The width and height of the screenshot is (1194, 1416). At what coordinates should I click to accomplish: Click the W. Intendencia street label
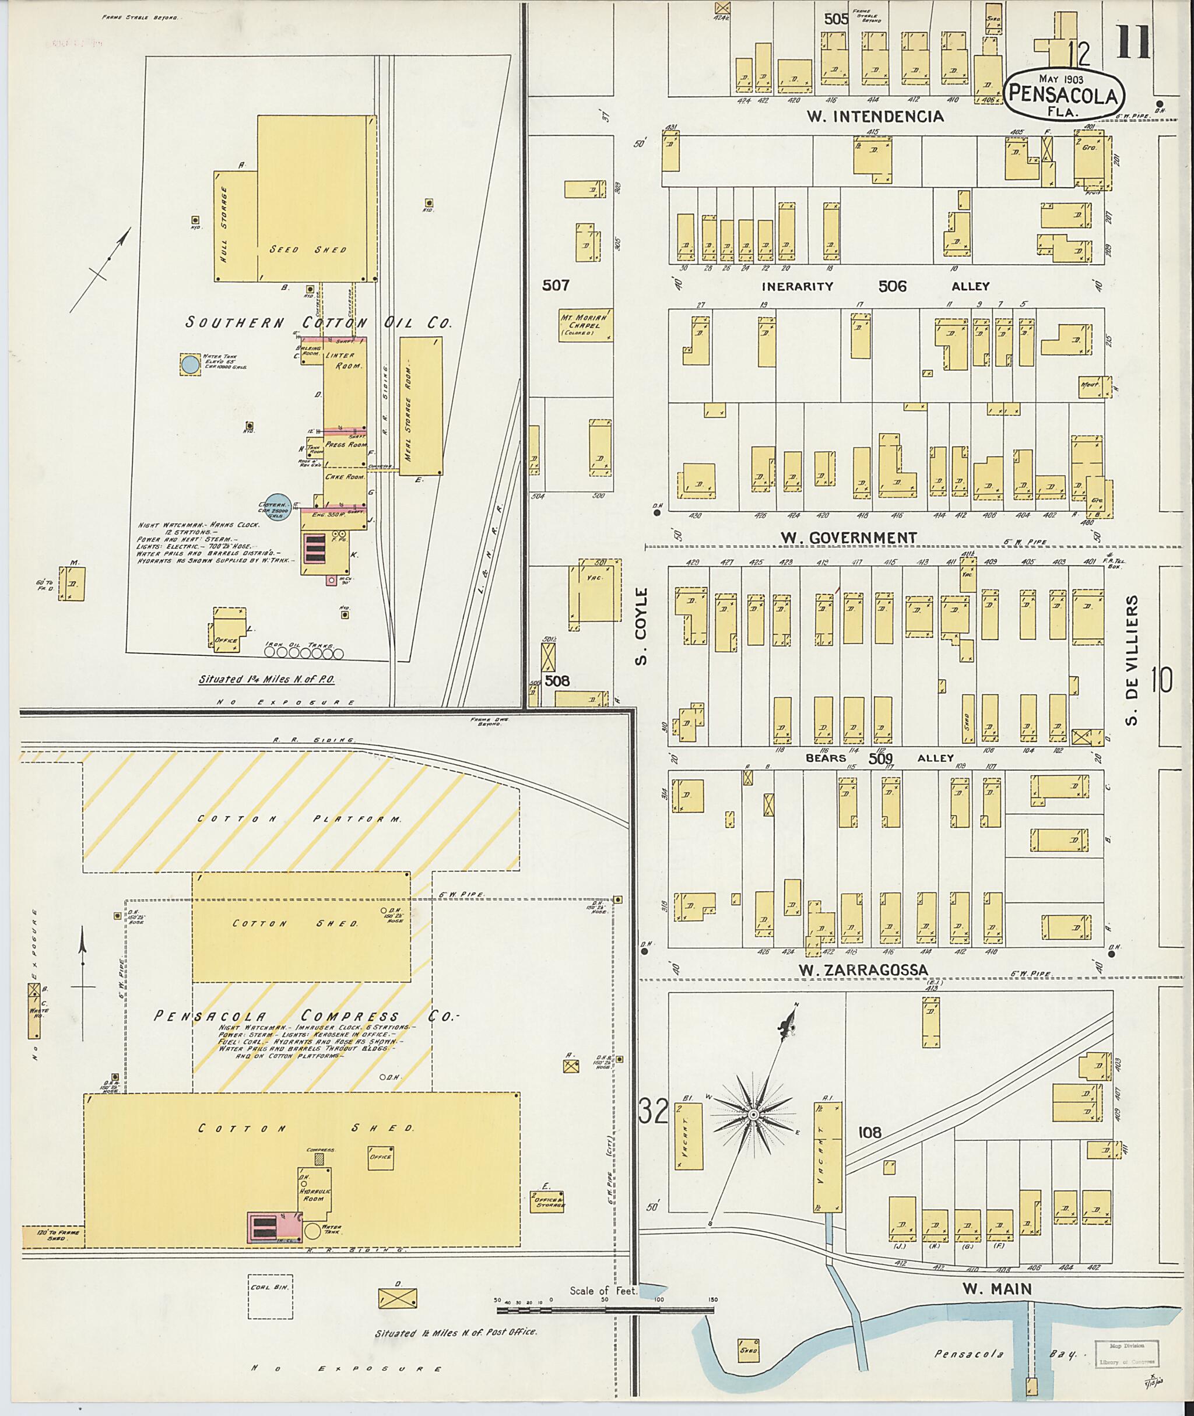pyautogui.click(x=875, y=117)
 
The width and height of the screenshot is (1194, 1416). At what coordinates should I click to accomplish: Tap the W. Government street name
pyautogui.click(x=848, y=537)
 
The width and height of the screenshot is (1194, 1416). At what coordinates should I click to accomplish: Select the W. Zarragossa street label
pyautogui.click(x=862, y=971)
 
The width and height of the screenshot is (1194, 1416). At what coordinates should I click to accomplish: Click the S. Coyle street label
pyautogui.click(x=642, y=626)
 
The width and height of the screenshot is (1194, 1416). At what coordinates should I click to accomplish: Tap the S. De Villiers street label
pyautogui.click(x=1132, y=660)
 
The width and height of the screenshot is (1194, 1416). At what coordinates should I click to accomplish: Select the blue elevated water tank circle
pyautogui.click(x=190, y=365)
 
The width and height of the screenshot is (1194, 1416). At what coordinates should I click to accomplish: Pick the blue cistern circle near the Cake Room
pyautogui.click(x=277, y=505)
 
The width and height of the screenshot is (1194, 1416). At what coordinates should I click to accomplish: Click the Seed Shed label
pyautogui.click(x=308, y=250)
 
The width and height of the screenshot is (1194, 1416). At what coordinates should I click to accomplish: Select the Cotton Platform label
pyautogui.click(x=299, y=819)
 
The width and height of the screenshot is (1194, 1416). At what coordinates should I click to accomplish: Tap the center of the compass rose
pyautogui.click(x=752, y=1113)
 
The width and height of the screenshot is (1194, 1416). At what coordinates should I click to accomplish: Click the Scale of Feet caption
pyautogui.click(x=602, y=1290)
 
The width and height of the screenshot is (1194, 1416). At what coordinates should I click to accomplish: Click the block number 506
pyautogui.click(x=892, y=286)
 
